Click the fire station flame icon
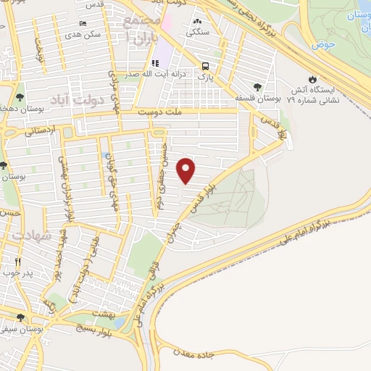click(312, 78)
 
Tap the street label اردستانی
click(39, 133)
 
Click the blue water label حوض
click(323, 45)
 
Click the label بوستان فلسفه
click(253, 96)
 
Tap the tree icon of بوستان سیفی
click(20, 317)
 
